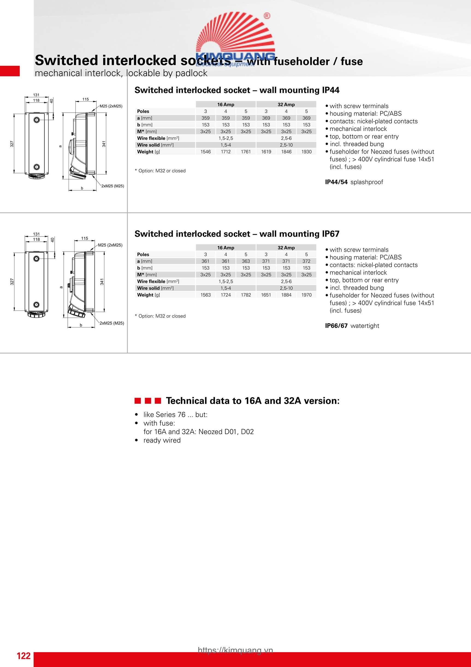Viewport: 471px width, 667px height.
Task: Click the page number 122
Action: (x=23, y=656)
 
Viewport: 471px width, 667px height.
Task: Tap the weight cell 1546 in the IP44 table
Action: (x=205, y=152)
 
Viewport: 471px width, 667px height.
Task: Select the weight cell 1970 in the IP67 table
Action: (x=306, y=295)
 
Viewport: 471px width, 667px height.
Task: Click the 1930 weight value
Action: (x=306, y=152)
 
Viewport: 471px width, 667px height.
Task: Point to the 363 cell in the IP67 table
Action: (x=246, y=261)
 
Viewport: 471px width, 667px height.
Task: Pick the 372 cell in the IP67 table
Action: (x=306, y=261)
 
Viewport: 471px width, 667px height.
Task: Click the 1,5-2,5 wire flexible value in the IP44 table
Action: (x=226, y=138)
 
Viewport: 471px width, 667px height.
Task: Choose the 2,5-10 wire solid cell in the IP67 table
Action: (x=286, y=288)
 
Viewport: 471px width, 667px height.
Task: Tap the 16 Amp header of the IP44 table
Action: (x=226, y=105)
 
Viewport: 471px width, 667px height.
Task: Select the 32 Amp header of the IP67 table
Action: (x=286, y=248)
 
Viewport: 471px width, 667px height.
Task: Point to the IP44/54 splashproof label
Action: (x=354, y=182)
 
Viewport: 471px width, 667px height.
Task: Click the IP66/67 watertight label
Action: (x=352, y=326)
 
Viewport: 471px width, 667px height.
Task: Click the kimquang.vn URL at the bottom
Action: (x=235, y=650)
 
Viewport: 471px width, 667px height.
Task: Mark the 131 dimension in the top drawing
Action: (x=36, y=95)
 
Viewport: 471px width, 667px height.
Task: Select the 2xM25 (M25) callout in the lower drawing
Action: (x=112, y=323)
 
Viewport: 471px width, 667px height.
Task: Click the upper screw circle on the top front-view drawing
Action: (x=37, y=120)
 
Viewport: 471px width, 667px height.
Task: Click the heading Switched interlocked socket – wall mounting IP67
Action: (x=237, y=234)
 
